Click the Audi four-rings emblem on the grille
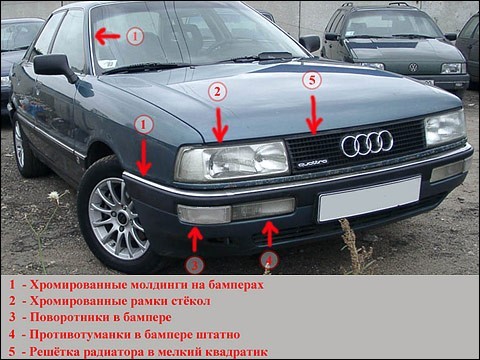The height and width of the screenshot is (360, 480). coord(367,143)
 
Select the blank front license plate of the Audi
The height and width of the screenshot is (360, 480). coord(370,199)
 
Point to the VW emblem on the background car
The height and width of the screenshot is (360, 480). coord(413,67)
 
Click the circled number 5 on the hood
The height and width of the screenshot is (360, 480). coord(312,81)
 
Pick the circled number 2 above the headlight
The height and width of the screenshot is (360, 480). coord(218,91)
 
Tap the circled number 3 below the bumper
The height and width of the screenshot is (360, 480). coord(195,266)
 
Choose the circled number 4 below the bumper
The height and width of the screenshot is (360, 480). coord(269,261)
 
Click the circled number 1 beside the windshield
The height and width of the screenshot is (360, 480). coord(135,36)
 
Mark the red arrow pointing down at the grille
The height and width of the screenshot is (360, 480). coord(314,115)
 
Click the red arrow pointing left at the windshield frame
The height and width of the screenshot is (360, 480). coord(107,36)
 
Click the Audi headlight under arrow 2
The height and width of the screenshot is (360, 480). coord(233,161)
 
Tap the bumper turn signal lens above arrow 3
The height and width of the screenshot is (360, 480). coord(204,214)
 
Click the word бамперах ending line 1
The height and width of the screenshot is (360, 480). coord(236,285)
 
